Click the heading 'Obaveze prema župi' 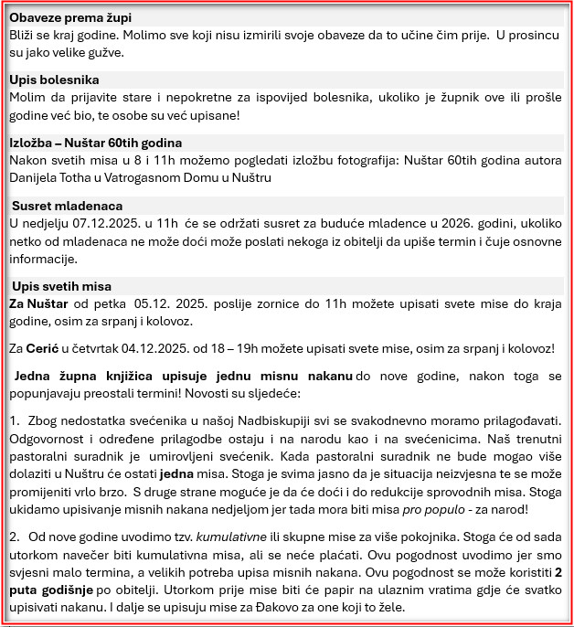point(69,18)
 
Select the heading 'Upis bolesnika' point(55,80)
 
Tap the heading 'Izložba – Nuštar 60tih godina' point(96,143)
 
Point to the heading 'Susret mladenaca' point(68,206)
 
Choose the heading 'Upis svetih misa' point(62,286)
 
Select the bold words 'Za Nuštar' point(38,303)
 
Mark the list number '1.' point(15,420)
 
